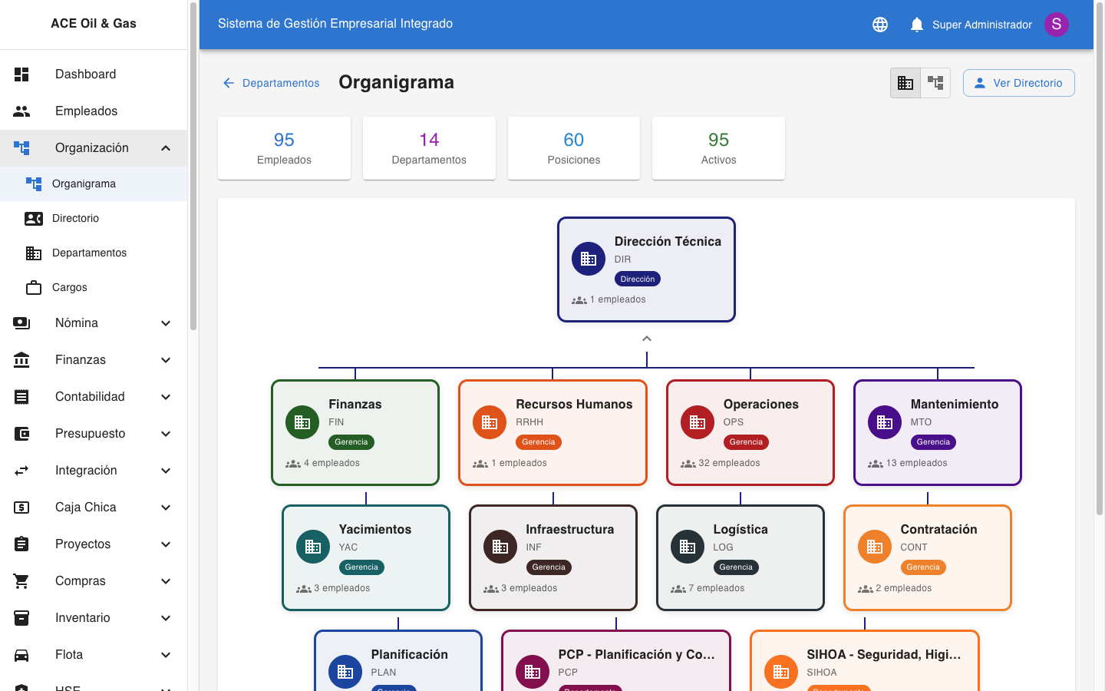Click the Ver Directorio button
1018,83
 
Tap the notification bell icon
916,25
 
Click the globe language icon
880,25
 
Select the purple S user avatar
1056,25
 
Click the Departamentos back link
271,83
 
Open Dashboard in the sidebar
85,74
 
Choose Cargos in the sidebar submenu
70,287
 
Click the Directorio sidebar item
75,218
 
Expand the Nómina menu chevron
166,323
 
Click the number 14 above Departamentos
429,140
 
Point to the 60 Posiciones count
573,140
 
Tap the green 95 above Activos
718,140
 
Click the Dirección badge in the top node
638,279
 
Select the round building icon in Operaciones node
698,422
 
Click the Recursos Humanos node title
574,405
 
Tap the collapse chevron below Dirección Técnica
647,339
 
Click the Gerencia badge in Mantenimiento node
933,442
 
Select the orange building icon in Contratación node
874,547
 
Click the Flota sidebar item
69,655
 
